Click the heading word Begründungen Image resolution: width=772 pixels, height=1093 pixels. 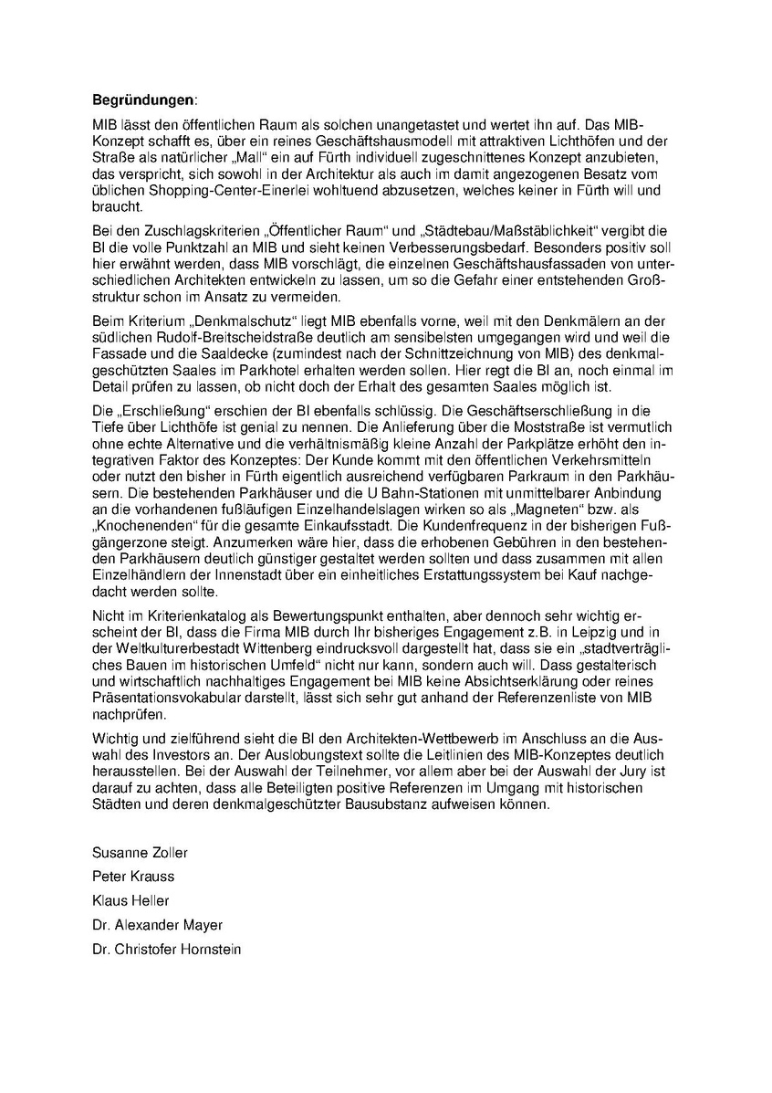click(x=143, y=98)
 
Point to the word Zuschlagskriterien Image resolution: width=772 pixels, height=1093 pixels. click(x=199, y=229)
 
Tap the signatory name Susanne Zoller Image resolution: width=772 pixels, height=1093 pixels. click(x=139, y=852)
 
